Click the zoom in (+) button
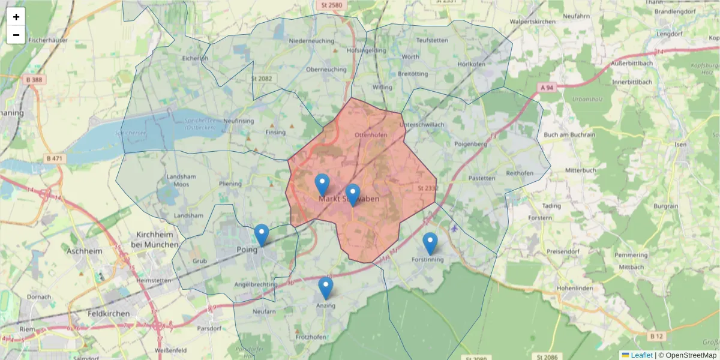coord(16,17)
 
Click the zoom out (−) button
coord(16,35)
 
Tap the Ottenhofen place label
coord(371,135)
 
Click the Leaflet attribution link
coord(641,355)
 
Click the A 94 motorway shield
coord(546,88)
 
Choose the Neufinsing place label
coord(239,121)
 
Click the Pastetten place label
coord(482,178)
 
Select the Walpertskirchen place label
coord(535,21)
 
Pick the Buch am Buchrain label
coord(569,135)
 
